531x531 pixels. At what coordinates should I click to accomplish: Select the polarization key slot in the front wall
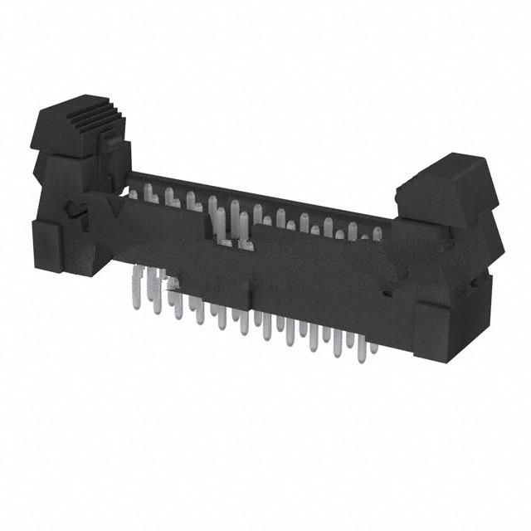click(233, 237)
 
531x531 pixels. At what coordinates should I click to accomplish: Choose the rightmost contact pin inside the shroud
click(378, 233)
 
